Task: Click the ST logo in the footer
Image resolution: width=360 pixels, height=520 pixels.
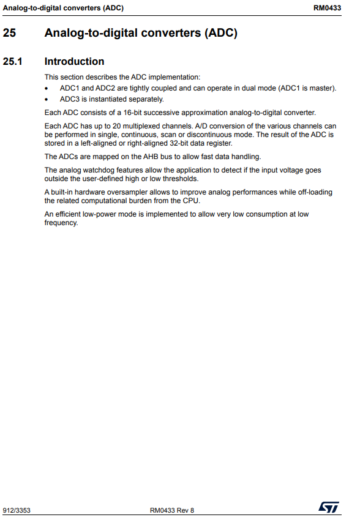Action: [x=328, y=507]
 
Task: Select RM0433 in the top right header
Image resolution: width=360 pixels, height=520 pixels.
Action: [x=327, y=7]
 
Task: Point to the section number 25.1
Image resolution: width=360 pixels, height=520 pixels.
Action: [x=13, y=61]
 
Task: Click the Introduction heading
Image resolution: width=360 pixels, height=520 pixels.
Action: [x=74, y=61]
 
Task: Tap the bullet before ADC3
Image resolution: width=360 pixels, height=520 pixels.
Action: [x=47, y=99]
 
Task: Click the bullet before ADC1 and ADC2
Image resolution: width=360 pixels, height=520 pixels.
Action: [x=47, y=88]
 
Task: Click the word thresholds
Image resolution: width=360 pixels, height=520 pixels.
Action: [x=181, y=179]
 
